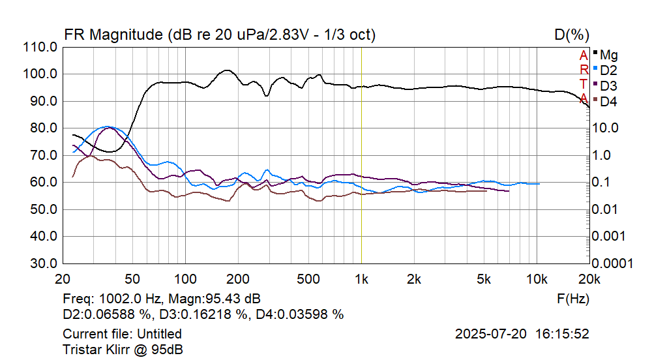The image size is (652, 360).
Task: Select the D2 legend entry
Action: pyautogui.click(x=608, y=70)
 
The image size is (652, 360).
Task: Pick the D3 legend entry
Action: pyautogui.click(x=608, y=85)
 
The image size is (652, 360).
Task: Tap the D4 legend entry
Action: pyautogui.click(x=608, y=101)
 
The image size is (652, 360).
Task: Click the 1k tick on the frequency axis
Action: pyautogui.click(x=361, y=278)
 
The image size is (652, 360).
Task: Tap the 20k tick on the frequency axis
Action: pyautogui.click(x=589, y=278)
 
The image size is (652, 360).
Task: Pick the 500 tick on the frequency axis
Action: pyautogui.click(x=308, y=278)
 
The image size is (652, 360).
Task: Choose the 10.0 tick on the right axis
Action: pyautogui.click(x=606, y=128)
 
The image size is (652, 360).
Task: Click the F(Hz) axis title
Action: pyautogui.click(x=573, y=299)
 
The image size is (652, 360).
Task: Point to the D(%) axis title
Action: pyautogui.click(x=572, y=35)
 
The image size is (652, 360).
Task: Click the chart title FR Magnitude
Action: pyautogui.click(x=114, y=35)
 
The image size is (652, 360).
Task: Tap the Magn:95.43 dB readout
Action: pyautogui.click(x=215, y=299)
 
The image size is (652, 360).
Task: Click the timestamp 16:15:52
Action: pyautogui.click(x=563, y=334)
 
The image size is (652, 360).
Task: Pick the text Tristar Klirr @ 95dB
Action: pyautogui.click(x=123, y=349)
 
